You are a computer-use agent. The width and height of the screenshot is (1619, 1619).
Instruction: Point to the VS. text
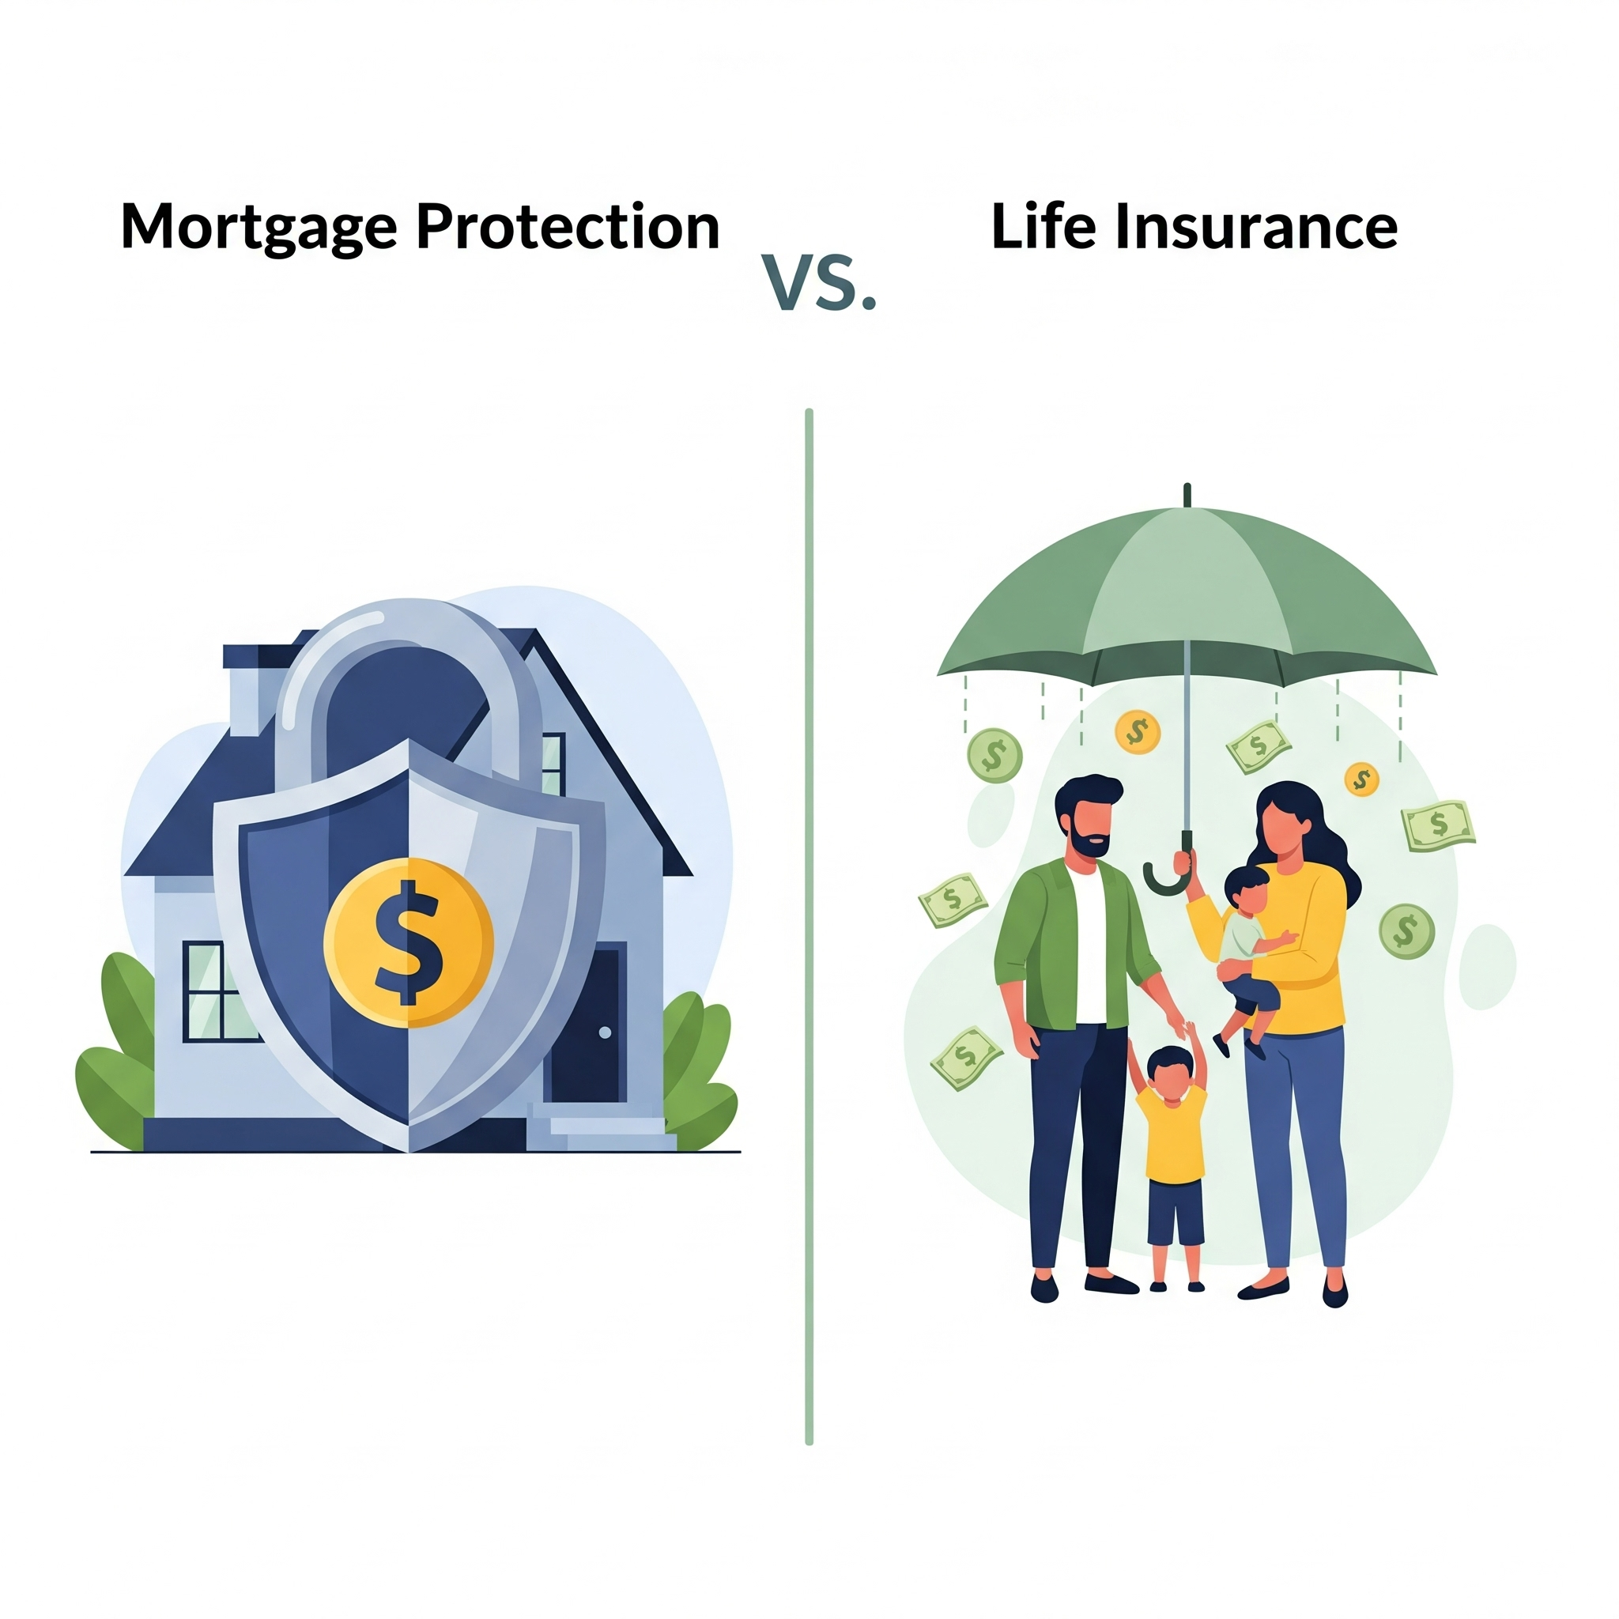820,283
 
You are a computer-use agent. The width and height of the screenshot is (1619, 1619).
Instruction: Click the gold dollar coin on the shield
409,943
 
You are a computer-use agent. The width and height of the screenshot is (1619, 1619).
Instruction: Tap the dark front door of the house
587,1021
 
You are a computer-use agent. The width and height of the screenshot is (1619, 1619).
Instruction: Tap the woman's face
1285,825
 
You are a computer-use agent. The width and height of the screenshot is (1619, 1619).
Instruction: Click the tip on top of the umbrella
1187,494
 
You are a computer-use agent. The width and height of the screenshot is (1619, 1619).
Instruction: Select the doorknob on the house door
605,1032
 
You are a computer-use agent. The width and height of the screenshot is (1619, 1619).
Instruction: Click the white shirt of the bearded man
1092,947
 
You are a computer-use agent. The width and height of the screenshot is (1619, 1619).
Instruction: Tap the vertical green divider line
809,926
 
